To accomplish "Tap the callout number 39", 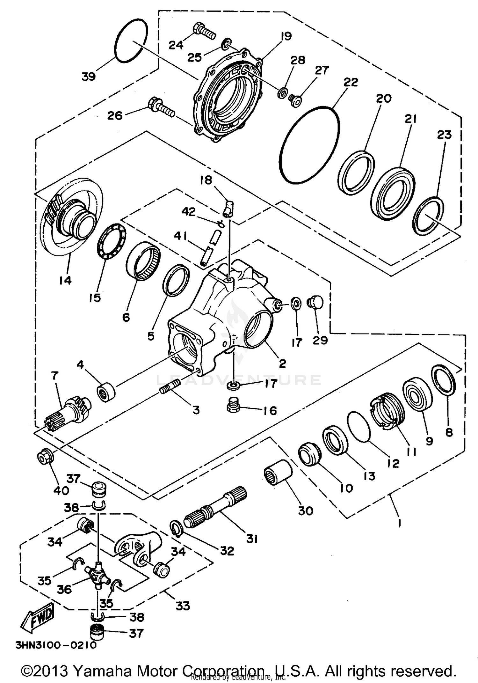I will (89, 77).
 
